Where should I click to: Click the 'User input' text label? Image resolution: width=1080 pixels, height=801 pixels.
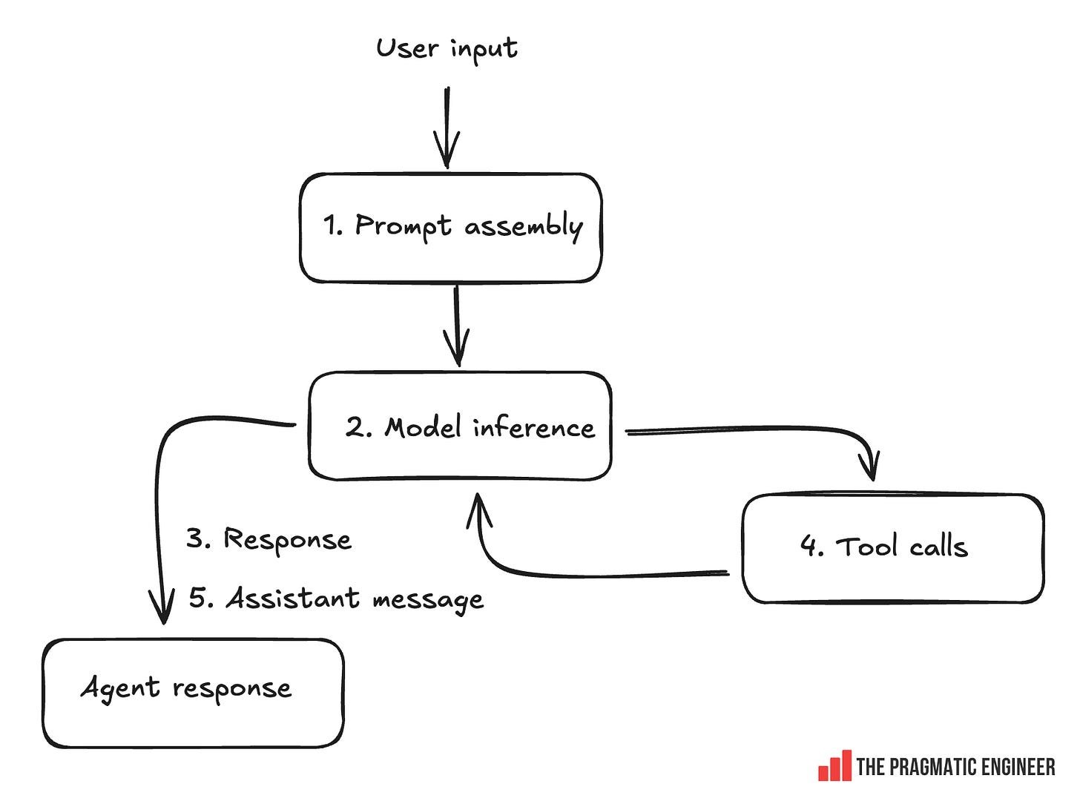pos(447,49)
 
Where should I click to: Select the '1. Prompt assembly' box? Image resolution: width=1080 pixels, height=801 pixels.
pos(450,228)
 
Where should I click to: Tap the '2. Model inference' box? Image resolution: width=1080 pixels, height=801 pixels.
pos(460,426)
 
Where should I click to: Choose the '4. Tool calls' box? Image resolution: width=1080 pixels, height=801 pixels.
pos(892,548)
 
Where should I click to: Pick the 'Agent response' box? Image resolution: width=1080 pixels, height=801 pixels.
pos(193,693)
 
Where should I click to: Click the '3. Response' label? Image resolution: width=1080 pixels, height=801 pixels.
pos(269,539)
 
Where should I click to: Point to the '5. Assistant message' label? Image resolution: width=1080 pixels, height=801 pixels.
pos(336,599)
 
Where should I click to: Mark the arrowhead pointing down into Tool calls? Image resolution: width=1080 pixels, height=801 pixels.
pos(872,467)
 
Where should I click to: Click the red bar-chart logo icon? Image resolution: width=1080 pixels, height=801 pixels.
pos(834,766)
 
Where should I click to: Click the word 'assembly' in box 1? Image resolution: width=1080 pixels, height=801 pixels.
pos(523,226)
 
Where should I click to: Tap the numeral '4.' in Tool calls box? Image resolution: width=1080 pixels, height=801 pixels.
pos(811,547)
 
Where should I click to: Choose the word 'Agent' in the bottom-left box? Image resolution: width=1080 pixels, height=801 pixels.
pos(120,688)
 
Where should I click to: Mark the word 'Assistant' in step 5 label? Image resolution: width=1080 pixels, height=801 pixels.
pos(293,598)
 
